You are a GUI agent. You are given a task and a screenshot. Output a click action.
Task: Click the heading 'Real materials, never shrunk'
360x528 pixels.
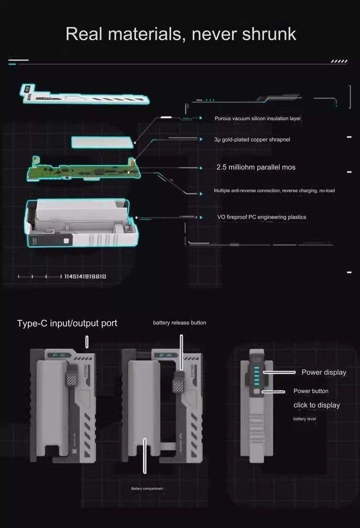click(x=180, y=34)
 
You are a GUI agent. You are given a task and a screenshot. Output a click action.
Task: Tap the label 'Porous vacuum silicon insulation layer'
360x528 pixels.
click(x=258, y=119)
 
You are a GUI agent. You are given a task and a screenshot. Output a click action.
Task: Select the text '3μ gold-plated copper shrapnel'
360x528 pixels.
click(x=252, y=139)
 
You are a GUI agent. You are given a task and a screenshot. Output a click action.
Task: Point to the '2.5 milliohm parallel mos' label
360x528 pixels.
click(x=256, y=167)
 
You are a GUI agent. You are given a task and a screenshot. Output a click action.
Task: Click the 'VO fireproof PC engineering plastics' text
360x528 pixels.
click(x=262, y=217)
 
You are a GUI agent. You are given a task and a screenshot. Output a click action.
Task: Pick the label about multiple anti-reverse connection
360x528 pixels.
click(x=274, y=191)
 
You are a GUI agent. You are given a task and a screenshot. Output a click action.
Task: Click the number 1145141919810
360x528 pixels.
click(x=85, y=277)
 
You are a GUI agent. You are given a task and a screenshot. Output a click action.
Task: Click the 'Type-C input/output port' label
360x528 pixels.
click(x=67, y=324)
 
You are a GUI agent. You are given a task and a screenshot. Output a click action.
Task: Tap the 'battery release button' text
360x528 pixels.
click(x=180, y=323)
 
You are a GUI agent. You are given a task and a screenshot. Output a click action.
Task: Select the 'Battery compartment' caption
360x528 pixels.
click(x=147, y=489)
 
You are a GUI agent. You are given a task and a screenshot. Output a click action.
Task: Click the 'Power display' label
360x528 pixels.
click(x=324, y=373)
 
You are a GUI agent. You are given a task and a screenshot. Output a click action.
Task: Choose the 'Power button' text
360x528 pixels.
click(x=311, y=391)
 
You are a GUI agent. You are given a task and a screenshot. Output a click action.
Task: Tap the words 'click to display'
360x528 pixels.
click(x=316, y=406)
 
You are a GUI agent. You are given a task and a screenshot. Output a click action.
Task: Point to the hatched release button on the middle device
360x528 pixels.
click(x=177, y=385)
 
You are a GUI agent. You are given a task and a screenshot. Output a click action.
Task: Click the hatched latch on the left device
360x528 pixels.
click(x=71, y=374)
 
